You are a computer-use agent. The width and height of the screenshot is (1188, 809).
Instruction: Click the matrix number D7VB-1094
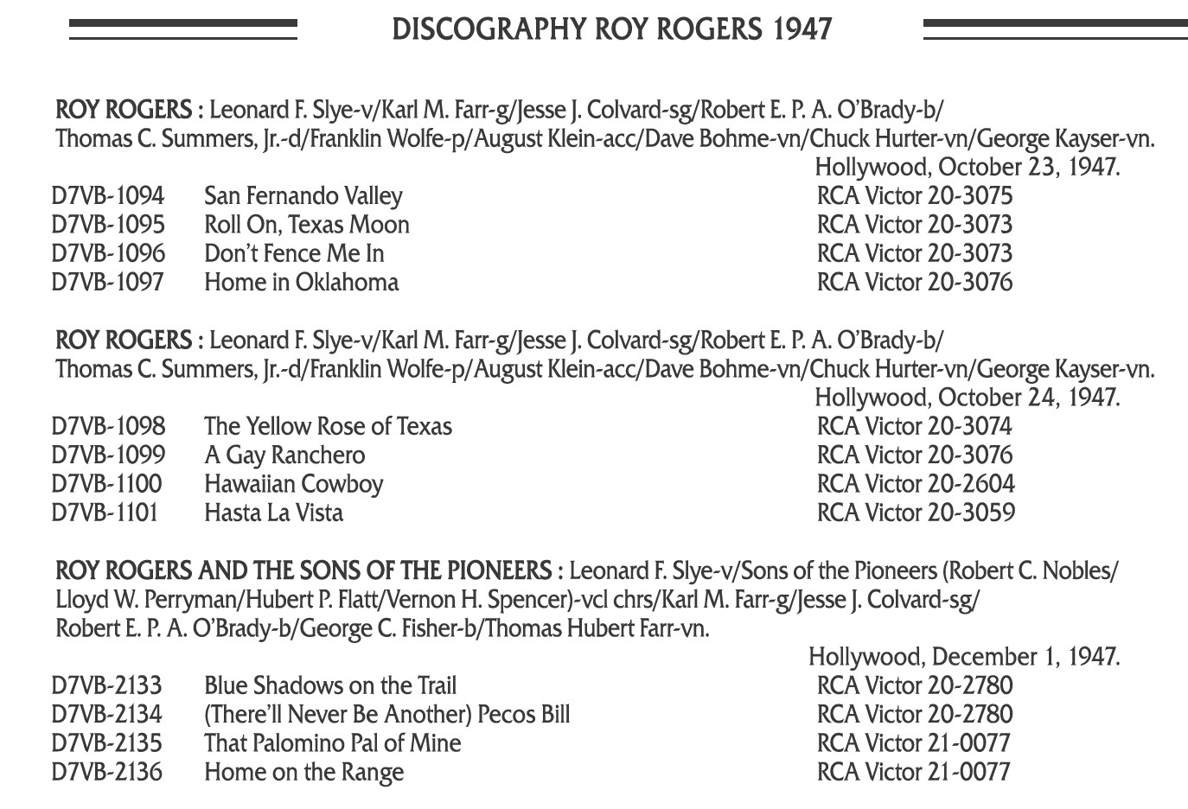(107, 196)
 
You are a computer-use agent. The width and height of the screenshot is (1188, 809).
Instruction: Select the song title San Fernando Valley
(303, 196)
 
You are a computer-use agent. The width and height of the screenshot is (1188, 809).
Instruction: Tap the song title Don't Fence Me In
(294, 254)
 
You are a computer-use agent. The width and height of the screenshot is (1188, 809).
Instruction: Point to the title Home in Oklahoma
(301, 283)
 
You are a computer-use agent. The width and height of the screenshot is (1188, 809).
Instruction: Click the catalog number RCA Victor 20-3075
(914, 196)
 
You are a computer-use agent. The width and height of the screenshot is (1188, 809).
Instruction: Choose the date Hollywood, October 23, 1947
(967, 167)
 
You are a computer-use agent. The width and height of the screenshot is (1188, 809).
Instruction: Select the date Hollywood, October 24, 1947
(967, 398)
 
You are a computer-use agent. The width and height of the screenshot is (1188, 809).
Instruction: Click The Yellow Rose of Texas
(328, 426)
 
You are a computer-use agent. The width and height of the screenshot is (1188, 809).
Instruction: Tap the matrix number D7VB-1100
(106, 484)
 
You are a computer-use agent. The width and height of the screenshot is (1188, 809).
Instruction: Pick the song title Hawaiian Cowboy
(293, 484)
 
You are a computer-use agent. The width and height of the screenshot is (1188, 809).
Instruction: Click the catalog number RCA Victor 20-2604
(915, 484)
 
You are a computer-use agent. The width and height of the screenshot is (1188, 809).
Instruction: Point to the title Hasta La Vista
(273, 513)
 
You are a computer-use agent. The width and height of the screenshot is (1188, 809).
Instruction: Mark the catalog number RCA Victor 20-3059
(915, 513)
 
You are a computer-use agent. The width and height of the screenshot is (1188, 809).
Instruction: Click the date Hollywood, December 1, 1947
(963, 657)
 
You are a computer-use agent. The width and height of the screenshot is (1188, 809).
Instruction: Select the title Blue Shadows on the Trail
(329, 686)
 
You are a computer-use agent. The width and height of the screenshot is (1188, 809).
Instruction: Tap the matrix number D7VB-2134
(106, 715)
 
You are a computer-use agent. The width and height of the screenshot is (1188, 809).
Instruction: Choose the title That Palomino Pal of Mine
(332, 743)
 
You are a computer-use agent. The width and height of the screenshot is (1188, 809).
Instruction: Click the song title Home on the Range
(303, 772)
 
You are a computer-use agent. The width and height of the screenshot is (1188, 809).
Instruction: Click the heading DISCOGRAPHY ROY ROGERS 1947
(611, 29)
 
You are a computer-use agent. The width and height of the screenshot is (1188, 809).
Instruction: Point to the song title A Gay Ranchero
(284, 455)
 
